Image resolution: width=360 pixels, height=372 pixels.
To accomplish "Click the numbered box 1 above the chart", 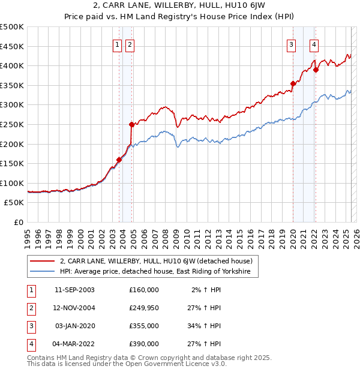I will coord(118,43).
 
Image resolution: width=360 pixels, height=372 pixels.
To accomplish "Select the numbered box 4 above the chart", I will coord(314,43).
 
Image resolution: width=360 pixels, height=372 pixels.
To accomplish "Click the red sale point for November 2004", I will coord(131,124).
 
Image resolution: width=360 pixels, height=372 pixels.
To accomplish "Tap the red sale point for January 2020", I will coord(293,83).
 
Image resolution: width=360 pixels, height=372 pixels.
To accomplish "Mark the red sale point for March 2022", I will coord(316,70).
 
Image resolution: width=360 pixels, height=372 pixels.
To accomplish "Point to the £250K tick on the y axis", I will coord(12,124).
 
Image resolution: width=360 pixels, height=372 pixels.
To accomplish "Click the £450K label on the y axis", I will coord(12,46).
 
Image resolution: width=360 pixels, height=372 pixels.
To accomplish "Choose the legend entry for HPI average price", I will coord(158,272).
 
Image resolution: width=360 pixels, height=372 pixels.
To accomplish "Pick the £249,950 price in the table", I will coord(144,307).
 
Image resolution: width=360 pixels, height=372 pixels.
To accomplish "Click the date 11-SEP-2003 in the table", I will coord(74,290).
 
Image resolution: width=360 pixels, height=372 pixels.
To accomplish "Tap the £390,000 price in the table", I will coord(144,344).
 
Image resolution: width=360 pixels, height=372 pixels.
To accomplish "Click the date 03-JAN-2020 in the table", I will coord(74,326).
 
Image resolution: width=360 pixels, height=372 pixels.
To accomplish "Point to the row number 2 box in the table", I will coord(30,308).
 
